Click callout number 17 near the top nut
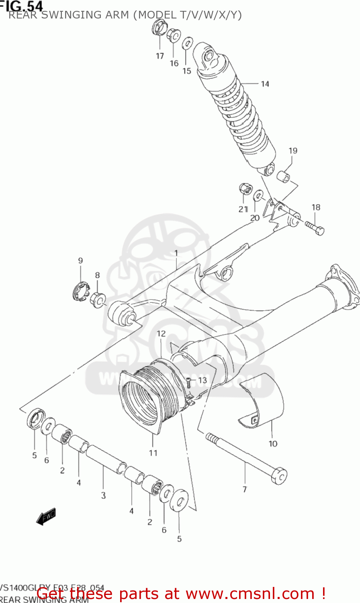[160, 56]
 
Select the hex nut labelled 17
[158, 28]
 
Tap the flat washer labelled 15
[188, 43]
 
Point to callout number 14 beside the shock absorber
[265, 84]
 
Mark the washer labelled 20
[259, 196]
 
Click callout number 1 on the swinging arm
[176, 253]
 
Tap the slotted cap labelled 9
[81, 291]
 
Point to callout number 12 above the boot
[161, 334]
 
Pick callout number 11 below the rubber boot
[153, 453]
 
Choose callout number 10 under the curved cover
[273, 444]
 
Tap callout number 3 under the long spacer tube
[103, 495]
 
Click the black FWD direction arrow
[46, 517]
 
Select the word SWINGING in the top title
[72, 15]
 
